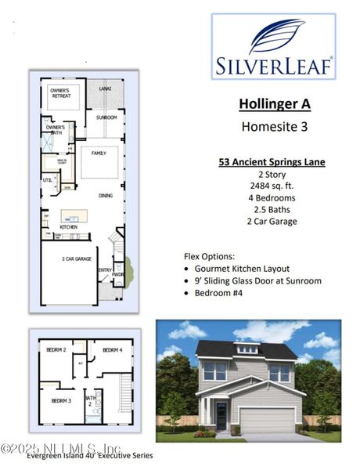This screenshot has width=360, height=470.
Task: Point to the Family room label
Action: pos(99,153)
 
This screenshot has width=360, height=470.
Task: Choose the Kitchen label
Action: pos(68,226)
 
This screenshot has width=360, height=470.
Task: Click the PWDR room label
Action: pos(118,275)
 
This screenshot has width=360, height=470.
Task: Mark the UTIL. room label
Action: pos(47,181)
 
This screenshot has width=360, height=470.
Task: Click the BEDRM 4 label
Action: pos(111,349)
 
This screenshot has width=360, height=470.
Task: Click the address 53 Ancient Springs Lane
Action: pos(272,162)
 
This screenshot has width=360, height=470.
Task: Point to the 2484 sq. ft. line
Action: pos(272,186)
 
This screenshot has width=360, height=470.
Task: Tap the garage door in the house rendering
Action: pos(268,421)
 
